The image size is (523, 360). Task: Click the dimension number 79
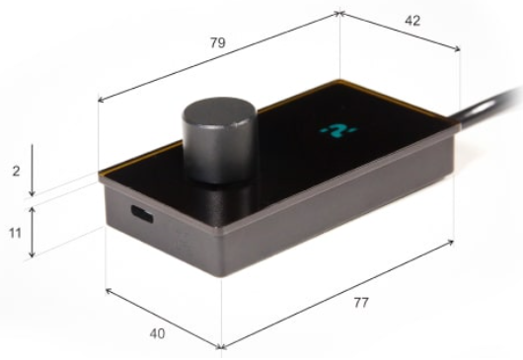218,42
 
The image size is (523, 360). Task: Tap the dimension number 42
412,21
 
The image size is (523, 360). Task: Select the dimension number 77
361,303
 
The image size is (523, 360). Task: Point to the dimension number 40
157,333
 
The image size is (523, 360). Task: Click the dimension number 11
15,233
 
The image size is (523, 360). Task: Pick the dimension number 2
16,172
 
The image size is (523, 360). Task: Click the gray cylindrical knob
219,140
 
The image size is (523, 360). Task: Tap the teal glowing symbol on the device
338,130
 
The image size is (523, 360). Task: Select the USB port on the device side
142,214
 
